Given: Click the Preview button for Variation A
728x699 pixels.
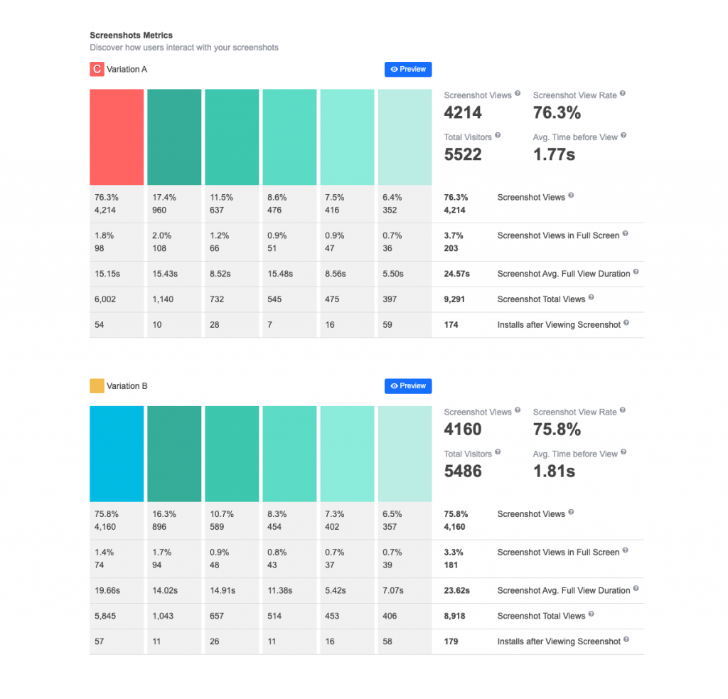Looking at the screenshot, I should pyautogui.click(x=408, y=69).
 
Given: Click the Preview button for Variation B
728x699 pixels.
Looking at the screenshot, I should pyautogui.click(x=408, y=386).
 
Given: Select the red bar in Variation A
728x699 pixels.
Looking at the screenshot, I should pyautogui.click(x=117, y=137).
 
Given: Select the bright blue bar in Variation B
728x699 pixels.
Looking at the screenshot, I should pyautogui.click(x=117, y=454).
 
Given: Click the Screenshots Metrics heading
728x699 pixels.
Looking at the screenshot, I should pyautogui.click(x=131, y=35).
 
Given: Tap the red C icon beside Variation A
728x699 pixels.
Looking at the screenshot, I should pyautogui.click(x=96, y=69).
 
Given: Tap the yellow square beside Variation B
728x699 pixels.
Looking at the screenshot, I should pyautogui.click(x=96, y=386).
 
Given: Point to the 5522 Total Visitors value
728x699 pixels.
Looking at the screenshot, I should pyautogui.click(x=463, y=154).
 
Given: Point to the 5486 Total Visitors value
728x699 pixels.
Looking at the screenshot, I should pyautogui.click(x=463, y=471).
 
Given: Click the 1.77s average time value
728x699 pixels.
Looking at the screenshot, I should pyautogui.click(x=554, y=154).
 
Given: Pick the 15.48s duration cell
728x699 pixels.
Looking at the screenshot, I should pyautogui.click(x=278, y=274).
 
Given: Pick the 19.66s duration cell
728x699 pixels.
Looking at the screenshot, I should pyautogui.click(x=107, y=590).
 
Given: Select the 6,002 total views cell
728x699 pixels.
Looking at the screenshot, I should pyautogui.click(x=105, y=299).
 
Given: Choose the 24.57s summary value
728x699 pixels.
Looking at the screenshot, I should pyautogui.click(x=456, y=274).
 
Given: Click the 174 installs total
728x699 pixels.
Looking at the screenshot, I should pyautogui.click(x=451, y=325).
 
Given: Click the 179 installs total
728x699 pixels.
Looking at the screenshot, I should pyautogui.click(x=451, y=641).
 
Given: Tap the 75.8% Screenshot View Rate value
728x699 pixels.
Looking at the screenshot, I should pyautogui.click(x=557, y=429).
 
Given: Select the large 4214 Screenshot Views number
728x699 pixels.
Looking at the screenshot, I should pyautogui.click(x=463, y=112).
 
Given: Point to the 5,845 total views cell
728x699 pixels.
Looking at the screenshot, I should pyautogui.click(x=105, y=616).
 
